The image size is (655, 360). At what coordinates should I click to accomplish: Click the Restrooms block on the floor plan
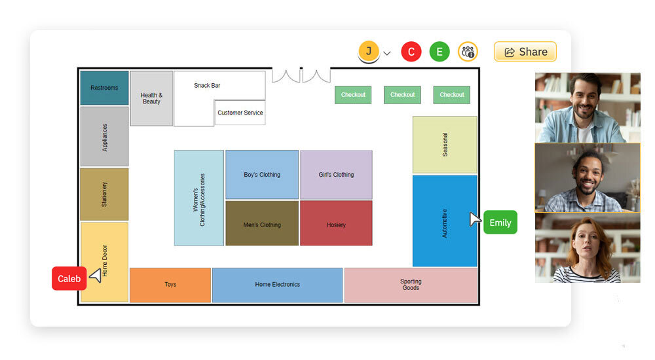coord(104,88)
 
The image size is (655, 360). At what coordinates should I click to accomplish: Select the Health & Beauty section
coord(151,98)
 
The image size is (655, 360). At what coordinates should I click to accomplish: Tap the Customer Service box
coord(240,113)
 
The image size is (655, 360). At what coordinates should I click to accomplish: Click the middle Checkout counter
coord(402,95)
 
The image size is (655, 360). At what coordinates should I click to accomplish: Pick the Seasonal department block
coord(445,145)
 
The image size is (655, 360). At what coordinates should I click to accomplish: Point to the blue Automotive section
coord(445,221)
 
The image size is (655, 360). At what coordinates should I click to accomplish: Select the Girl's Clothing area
coord(336,175)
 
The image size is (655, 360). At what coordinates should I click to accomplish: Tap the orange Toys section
coord(170,285)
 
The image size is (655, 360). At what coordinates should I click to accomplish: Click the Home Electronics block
coord(277,285)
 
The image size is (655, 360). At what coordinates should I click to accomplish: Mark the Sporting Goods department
coord(411,285)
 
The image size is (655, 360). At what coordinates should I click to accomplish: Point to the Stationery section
coord(104,194)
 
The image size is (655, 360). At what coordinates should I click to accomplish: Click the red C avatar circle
coord(411,52)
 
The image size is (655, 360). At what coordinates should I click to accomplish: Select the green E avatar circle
coord(440,52)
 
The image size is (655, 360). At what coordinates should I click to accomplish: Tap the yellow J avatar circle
coord(369,51)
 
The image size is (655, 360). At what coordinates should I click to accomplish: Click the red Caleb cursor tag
coord(69,279)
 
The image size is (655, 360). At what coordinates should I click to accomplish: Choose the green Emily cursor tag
coord(500,223)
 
